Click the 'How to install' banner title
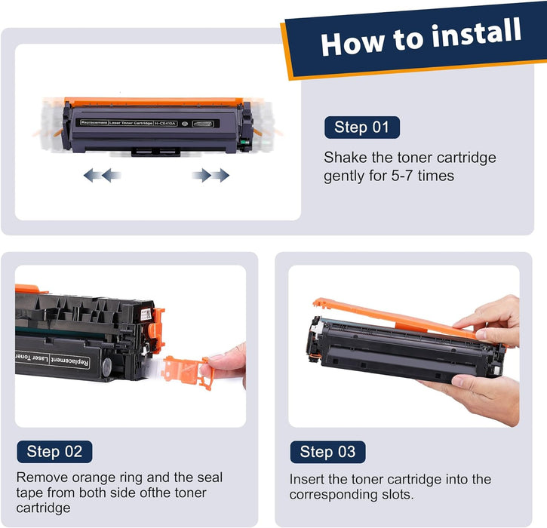[x=421, y=37]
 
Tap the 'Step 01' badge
[x=362, y=127]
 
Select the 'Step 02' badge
[x=55, y=452]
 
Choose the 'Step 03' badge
[x=328, y=452]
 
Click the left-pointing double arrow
[x=102, y=175]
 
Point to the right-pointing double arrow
[x=211, y=175]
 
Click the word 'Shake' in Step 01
[x=346, y=158]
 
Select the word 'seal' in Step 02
[x=210, y=477]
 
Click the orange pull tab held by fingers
[x=186, y=371]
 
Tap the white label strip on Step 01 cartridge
[x=147, y=123]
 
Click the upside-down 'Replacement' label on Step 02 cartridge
[x=70, y=361]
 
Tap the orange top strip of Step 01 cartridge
[x=154, y=102]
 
